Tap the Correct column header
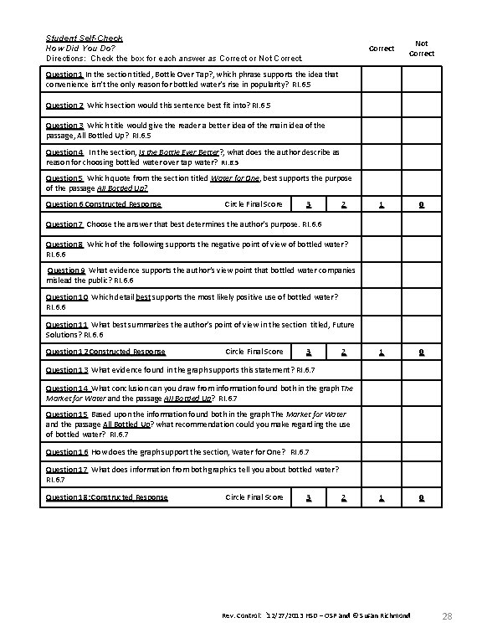[x=382, y=49]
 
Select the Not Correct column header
[x=422, y=49]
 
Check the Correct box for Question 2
[x=382, y=105]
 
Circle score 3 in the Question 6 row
[x=310, y=204]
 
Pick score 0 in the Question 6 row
[x=422, y=204]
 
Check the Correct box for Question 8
[x=382, y=248]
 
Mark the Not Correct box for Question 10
[x=422, y=301]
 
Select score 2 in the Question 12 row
[x=344, y=352]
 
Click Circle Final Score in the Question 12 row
[x=254, y=352]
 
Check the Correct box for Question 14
[x=382, y=392]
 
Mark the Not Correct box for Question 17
[x=422, y=474]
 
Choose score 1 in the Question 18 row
[x=382, y=497]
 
